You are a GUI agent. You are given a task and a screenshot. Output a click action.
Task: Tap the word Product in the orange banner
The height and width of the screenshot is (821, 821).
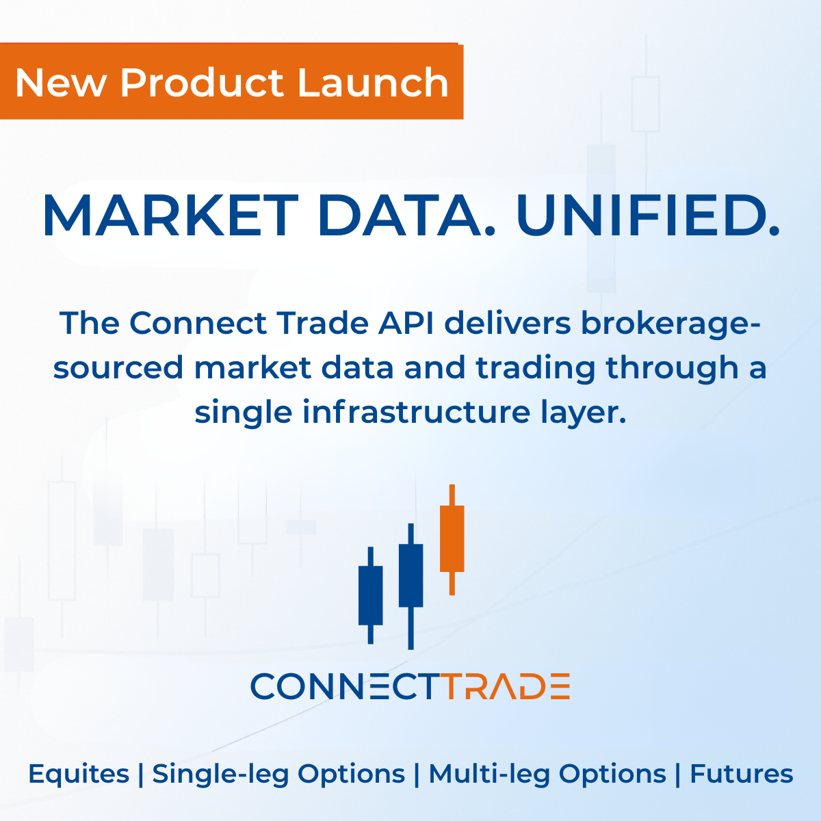coord(202,83)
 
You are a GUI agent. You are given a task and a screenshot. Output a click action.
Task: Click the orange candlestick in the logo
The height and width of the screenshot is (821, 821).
coord(452,538)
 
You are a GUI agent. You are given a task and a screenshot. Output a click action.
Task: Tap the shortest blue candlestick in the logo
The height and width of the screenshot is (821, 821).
coord(371,595)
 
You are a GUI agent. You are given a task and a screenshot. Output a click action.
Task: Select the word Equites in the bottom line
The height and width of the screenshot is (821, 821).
coord(79,774)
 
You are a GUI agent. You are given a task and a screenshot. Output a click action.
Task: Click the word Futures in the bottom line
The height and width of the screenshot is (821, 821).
coord(742,774)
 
